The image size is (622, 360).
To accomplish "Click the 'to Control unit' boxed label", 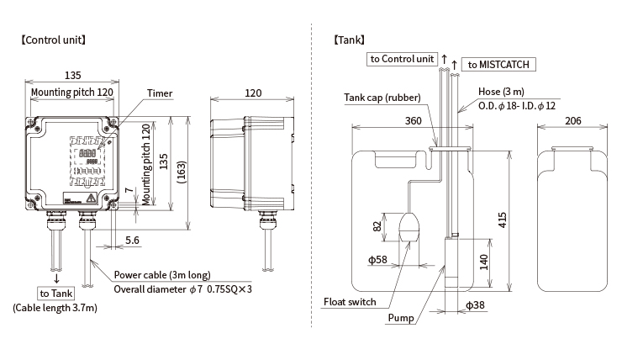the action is [x=402, y=59].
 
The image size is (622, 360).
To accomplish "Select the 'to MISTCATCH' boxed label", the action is [x=498, y=64].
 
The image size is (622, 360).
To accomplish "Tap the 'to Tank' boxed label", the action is [x=56, y=294].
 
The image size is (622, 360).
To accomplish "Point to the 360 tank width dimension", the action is [x=413, y=120].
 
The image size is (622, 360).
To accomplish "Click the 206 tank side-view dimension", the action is [x=572, y=120].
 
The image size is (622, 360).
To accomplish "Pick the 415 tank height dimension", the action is [x=502, y=220].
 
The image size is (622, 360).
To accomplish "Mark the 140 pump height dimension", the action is [x=483, y=262].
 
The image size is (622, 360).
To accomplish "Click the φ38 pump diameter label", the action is [x=475, y=304].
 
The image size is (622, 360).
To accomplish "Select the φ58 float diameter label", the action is [x=377, y=260].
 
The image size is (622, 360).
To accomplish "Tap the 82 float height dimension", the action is [x=377, y=226].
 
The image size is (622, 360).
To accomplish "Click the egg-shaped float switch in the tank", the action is [x=409, y=227].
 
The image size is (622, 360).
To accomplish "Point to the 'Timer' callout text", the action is [x=160, y=93].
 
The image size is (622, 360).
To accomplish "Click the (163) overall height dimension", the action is [x=182, y=172].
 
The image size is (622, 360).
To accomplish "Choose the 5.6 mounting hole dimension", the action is [x=132, y=240].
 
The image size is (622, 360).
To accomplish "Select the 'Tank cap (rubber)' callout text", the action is [x=382, y=98].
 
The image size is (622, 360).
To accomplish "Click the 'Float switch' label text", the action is [x=350, y=302].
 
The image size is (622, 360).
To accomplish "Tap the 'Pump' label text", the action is [x=401, y=318].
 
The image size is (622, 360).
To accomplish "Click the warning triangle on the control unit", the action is [x=92, y=198].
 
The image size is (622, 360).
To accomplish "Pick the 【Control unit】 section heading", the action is [x=53, y=40].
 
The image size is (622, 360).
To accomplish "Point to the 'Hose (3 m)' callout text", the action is [x=501, y=92].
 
